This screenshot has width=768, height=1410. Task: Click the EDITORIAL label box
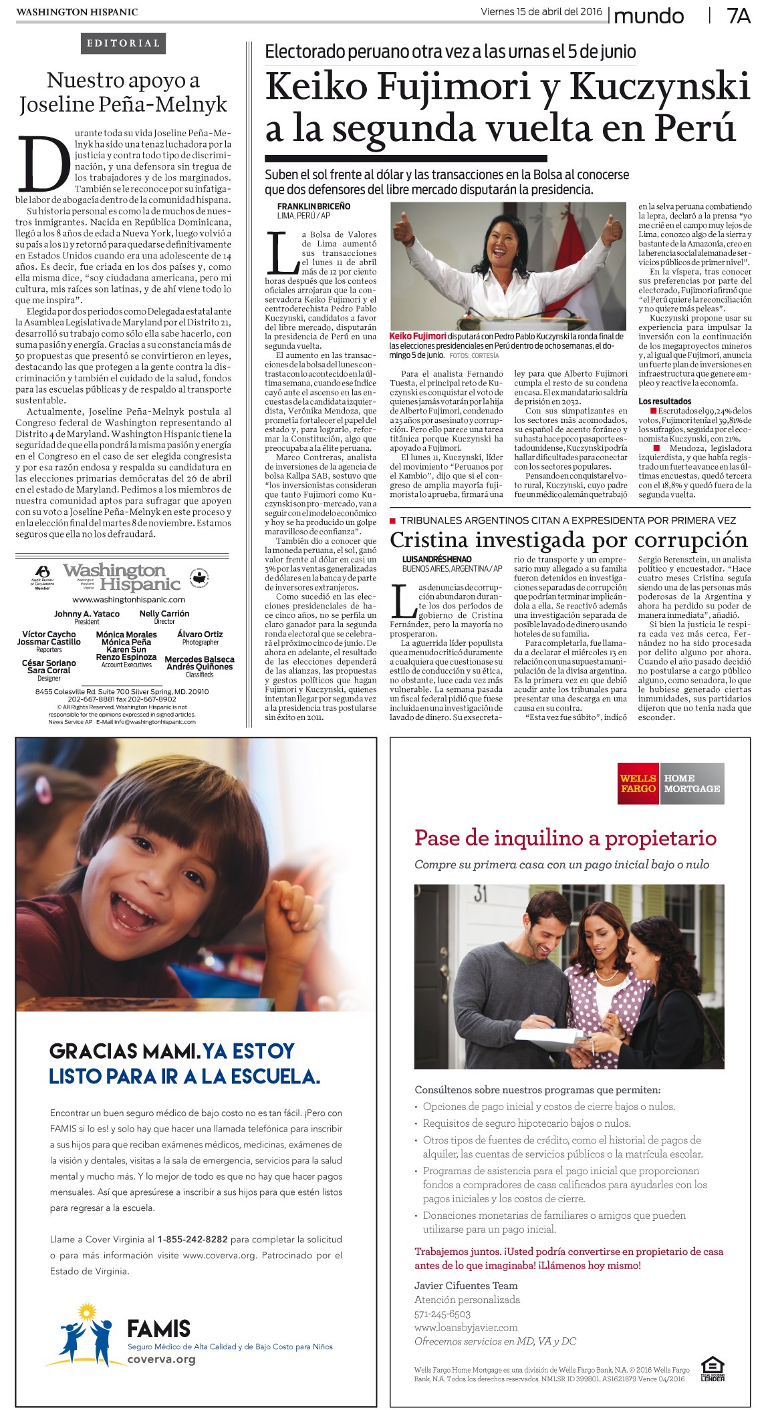[x=124, y=43]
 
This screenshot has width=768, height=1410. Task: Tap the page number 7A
[x=738, y=16]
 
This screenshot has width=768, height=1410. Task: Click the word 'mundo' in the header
[x=648, y=16]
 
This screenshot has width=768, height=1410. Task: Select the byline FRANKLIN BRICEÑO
[x=313, y=206]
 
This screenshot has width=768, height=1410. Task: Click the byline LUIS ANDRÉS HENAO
[x=436, y=559]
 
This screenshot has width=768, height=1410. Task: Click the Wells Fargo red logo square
[x=638, y=783]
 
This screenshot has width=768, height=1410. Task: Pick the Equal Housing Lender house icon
[x=713, y=1365]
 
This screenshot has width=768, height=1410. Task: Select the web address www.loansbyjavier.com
[x=466, y=1327]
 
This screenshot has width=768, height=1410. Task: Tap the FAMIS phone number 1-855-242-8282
[x=193, y=1239]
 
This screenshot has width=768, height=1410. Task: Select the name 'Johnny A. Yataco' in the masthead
[x=87, y=614]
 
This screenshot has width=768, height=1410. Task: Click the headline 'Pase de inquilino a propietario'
[x=565, y=838]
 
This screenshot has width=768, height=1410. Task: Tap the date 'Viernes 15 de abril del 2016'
[x=541, y=12]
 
